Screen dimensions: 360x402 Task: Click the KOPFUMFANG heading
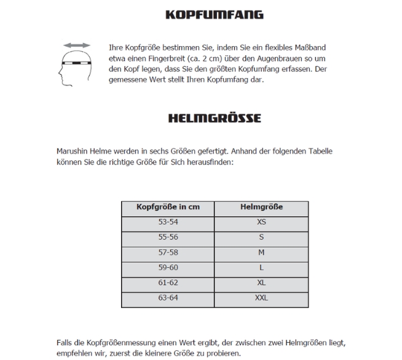pyautogui.click(x=215, y=14)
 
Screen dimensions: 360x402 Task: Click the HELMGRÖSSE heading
pyautogui.click(x=215, y=118)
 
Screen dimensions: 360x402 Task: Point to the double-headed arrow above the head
pyautogui.click(x=77, y=46)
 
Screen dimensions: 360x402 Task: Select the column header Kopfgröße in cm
pyautogui.click(x=168, y=207)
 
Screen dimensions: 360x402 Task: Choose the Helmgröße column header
pyautogui.click(x=261, y=207)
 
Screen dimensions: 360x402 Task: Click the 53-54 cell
pyautogui.click(x=168, y=222)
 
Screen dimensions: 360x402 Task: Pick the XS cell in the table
pyautogui.click(x=261, y=222)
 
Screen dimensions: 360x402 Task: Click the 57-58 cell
pyautogui.click(x=168, y=252)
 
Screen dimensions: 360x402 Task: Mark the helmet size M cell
pyautogui.click(x=261, y=252)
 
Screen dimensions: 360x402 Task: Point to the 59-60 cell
pyautogui.click(x=168, y=268)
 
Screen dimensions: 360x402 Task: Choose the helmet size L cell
pyautogui.click(x=261, y=268)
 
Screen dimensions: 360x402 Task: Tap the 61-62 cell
pyautogui.click(x=168, y=283)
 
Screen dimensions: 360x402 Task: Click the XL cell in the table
pyautogui.click(x=261, y=283)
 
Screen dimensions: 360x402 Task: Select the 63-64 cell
pyautogui.click(x=168, y=299)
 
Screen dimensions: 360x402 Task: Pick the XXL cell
pyautogui.click(x=261, y=299)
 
